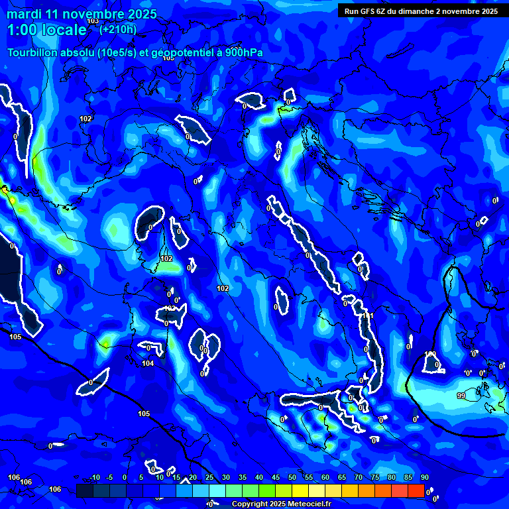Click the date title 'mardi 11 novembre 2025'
pyautogui.click(x=82, y=14)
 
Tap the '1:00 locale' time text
pyautogui.click(x=46, y=30)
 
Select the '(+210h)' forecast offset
pyautogui.click(x=118, y=29)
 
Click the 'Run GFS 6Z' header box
pyautogui.click(x=421, y=11)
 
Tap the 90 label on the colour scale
pyautogui.click(x=424, y=478)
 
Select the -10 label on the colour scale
pyautogui.click(x=94, y=478)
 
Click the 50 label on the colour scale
pyautogui.click(x=292, y=478)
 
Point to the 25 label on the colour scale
pyautogui.click(x=209, y=478)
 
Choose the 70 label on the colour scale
pyautogui.click(x=359, y=478)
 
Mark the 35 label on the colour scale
pyautogui.click(x=243, y=478)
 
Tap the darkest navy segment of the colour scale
pyautogui.click(x=85, y=490)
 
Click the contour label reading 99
pyautogui.click(x=461, y=396)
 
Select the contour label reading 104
pyautogui.click(x=148, y=363)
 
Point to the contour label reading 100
pyautogui.click(x=431, y=355)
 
